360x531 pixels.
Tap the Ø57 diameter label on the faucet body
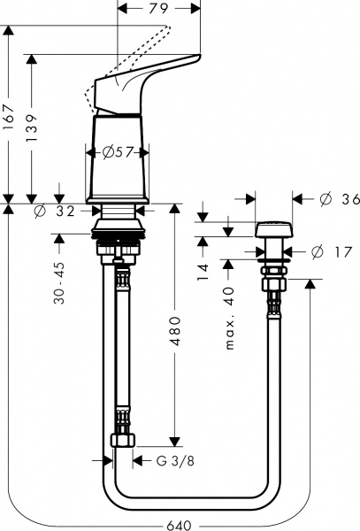click(117, 152)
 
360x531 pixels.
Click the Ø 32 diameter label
click(56, 212)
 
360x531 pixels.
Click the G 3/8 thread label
click(175, 460)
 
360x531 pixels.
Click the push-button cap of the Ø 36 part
click(272, 232)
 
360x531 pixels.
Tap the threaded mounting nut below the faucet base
click(117, 239)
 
